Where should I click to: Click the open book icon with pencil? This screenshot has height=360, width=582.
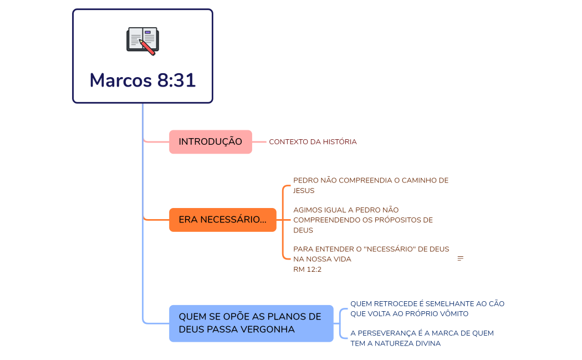coord(142,40)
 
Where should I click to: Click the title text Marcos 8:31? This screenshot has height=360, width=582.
coord(142,80)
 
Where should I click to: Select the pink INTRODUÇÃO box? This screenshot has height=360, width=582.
coord(210,142)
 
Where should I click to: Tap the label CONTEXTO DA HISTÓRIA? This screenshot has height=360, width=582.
coord(313,142)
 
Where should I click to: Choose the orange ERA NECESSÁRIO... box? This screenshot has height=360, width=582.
coord(222,220)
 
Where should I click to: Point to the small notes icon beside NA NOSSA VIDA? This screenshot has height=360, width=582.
coord(460,259)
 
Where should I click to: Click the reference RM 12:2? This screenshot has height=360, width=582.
coord(307,270)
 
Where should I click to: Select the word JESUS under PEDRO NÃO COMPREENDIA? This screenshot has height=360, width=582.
coord(304,191)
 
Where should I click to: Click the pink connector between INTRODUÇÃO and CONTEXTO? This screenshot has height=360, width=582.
coord(259,142)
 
